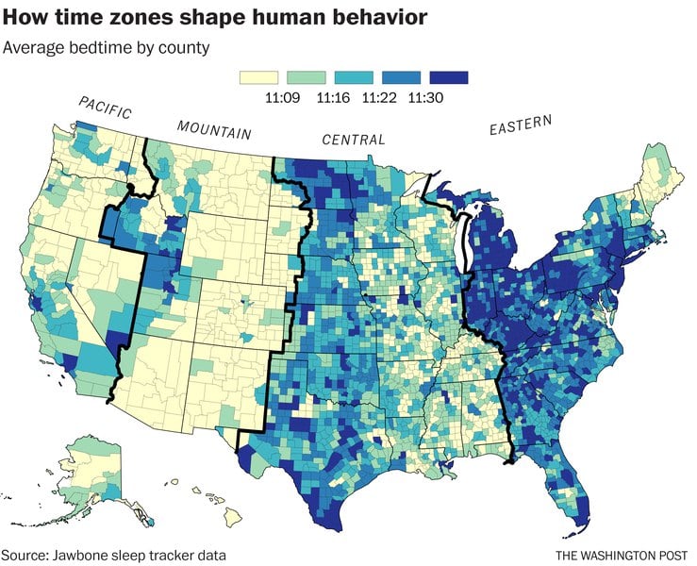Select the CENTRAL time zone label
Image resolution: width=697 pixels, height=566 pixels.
coord(354,140)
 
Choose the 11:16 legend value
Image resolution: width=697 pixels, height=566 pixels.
coord(334,96)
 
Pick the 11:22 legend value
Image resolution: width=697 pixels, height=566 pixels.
coord(382,96)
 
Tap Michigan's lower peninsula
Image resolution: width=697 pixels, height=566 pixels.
coord(490,245)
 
